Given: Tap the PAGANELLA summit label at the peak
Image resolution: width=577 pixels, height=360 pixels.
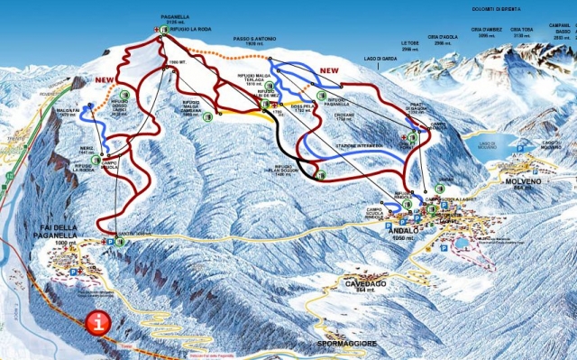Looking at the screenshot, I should [173, 16].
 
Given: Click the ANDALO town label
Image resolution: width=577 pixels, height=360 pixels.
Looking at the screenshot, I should [402, 230].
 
